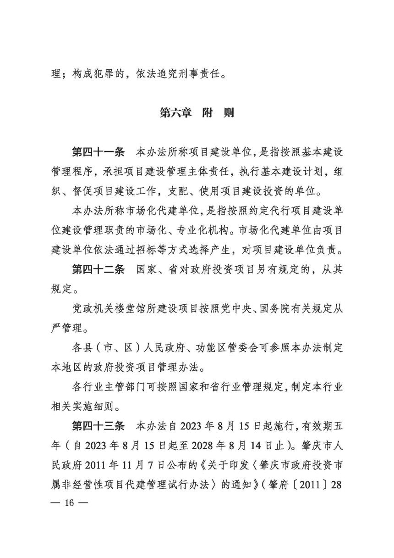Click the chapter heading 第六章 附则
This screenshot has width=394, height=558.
197,113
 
